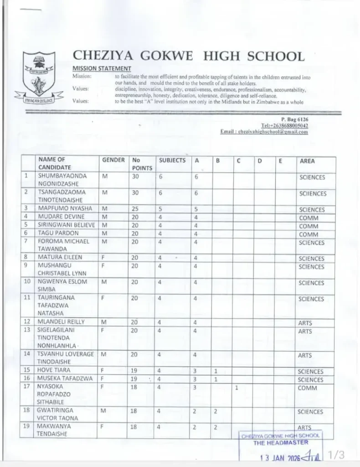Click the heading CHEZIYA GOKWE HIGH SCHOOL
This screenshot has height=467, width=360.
click(188, 56)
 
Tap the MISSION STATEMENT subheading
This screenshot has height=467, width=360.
click(102, 68)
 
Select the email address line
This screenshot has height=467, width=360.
click(264, 132)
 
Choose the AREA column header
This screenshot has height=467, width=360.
click(307, 161)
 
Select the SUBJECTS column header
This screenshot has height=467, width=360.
click(172, 161)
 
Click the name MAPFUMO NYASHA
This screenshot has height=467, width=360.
click(65, 209)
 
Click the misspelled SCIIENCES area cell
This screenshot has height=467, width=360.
click(313, 193)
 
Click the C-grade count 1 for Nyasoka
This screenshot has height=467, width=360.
click(237, 388)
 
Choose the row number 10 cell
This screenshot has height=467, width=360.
click(27, 282)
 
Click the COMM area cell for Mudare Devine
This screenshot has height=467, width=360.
click(309, 218)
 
